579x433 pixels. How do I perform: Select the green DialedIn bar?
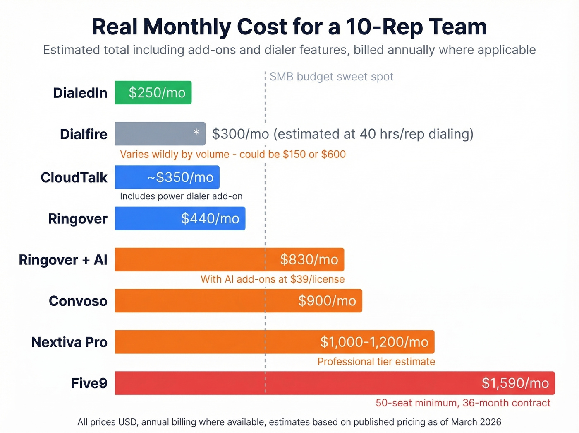[153, 92]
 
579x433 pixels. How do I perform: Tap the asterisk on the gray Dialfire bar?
[196, 133]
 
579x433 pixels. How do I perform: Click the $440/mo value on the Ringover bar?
[210, 218]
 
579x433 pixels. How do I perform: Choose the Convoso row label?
[78, 301]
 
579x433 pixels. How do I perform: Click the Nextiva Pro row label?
[69, 342]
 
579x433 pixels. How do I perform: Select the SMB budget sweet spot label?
[331, 77]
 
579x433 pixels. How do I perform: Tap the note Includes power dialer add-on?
[181, 196]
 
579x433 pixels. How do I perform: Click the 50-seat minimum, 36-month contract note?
[463, 403]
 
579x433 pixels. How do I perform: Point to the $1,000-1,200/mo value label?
[374, 342]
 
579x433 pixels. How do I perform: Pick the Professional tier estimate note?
[376, 362]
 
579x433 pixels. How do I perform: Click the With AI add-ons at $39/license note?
[273, 279]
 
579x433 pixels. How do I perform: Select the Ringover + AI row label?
[63, 260]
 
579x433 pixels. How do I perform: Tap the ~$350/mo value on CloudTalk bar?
[180, 177]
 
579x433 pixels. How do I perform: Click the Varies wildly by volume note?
[232, 155]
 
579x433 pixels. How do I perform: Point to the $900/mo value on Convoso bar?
[327, 300]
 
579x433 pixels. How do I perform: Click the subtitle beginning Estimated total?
[289, 50]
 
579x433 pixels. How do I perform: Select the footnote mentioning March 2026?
[289, 422]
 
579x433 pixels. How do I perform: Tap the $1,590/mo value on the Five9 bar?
[515, 383]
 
